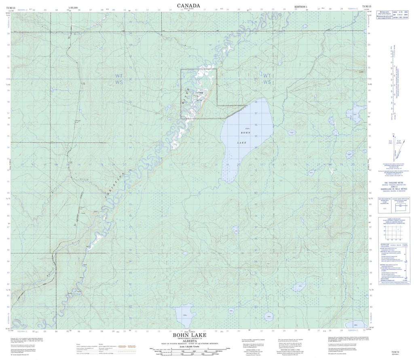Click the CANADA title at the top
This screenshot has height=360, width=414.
click(188, 5)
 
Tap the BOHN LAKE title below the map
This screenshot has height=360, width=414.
click(189, 335)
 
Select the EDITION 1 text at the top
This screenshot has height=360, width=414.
click(301, 7)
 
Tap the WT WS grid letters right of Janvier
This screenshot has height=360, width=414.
click(266, 79)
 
